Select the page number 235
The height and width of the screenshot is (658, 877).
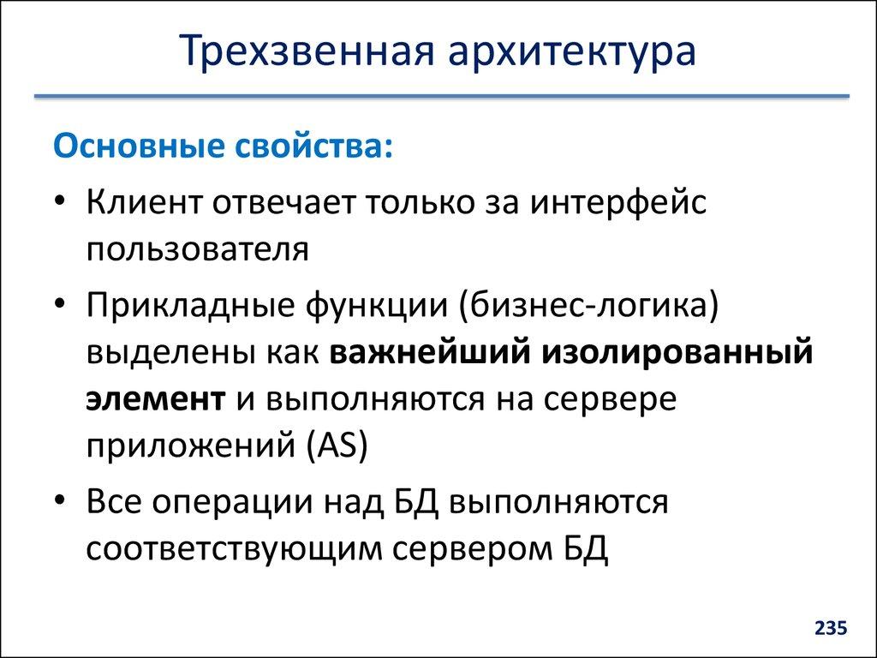tap(830, 629)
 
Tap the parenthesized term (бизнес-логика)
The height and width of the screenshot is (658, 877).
tap(588, 307)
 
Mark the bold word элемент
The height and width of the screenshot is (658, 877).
tap(155, 399)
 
